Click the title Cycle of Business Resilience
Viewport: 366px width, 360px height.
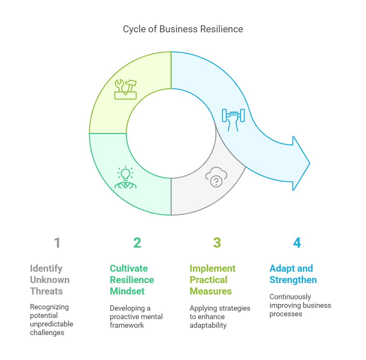[183, 29]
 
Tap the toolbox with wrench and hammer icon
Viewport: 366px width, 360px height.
[125, 89]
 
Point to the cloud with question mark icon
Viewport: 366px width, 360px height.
[216, 177]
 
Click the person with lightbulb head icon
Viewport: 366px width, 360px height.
[125, 177]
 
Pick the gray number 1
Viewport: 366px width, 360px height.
[57, 243]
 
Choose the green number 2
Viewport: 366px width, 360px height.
[137, 243]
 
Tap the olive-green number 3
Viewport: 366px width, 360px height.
[217, 243]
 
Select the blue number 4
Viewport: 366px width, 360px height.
[297, 243]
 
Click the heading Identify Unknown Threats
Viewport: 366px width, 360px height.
[50, 280]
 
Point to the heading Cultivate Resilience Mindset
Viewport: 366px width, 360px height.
[132, 280]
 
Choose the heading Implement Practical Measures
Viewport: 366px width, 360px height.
[213, 280]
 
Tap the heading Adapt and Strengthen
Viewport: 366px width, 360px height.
[293, 274]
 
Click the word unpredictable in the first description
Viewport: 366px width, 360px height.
[52, 324]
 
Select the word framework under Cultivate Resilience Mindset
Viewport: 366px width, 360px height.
[127, 325]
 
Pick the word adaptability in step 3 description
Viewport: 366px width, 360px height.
[208, 325]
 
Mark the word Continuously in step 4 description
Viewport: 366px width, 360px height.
[290, 297]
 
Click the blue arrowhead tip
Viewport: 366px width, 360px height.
[310, 163]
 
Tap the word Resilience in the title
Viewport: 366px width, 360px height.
[222, 29]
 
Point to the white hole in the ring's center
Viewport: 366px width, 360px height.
[171, 133]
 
